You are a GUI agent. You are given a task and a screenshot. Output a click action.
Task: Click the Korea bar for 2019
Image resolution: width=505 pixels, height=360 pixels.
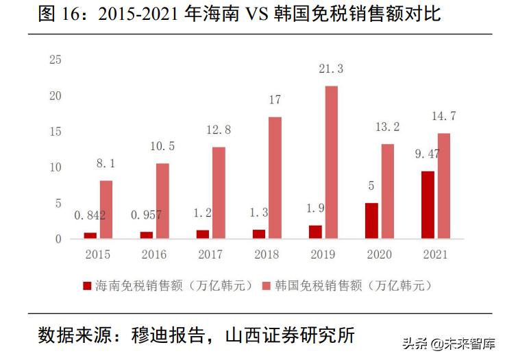tap(331, 163)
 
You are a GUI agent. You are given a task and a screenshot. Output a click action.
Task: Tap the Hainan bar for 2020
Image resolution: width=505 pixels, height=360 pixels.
tap(371, 221)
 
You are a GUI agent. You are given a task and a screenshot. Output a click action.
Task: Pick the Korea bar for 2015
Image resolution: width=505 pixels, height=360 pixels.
tap(106, 209)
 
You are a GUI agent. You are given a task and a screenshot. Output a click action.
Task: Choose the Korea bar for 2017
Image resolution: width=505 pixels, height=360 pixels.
tap(219, 193)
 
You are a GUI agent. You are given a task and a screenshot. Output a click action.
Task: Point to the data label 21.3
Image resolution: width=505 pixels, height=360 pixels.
tap(331, 69)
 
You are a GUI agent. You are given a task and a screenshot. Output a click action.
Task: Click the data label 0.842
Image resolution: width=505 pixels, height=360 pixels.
tap(90, 215)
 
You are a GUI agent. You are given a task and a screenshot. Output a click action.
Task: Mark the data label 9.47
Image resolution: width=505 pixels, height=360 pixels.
tap(426, 154)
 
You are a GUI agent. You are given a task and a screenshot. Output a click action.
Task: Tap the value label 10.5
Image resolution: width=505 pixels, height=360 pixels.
tap(162, 146)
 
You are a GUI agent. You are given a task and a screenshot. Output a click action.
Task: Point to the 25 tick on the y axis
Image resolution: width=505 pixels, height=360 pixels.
tap(56, 60)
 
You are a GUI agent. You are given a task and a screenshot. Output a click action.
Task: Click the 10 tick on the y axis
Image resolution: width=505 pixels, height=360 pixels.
tap(56, 167)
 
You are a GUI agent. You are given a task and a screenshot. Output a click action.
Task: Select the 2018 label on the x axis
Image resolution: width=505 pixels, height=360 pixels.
tap(266, 255)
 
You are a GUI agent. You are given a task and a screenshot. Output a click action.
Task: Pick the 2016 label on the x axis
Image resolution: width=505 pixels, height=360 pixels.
tap(154, 255)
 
